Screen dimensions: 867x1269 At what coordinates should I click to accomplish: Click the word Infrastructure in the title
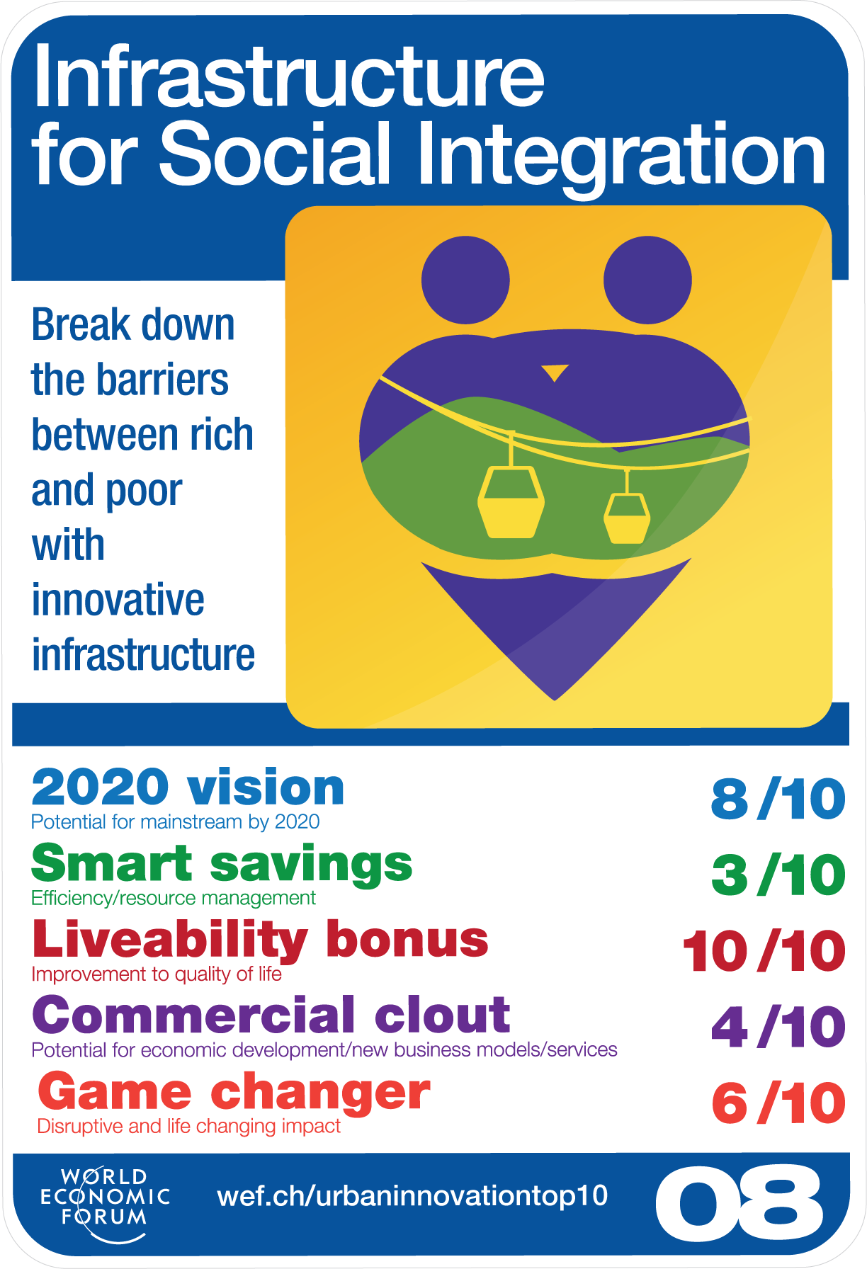289,76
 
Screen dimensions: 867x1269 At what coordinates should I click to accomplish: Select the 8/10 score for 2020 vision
778,799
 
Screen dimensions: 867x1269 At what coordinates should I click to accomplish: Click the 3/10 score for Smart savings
778,875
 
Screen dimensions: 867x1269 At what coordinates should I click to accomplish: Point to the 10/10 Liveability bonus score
764,951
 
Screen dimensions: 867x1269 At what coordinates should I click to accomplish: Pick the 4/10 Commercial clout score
778,1027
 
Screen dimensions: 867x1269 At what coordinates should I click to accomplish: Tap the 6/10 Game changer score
778,1103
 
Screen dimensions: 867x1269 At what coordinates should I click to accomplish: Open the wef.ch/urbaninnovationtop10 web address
412,1196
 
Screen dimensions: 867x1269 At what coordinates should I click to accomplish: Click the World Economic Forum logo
105,1204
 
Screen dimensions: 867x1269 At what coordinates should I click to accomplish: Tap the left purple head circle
465,280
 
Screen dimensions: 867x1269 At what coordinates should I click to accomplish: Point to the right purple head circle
647,280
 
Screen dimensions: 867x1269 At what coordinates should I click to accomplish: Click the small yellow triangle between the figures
555,372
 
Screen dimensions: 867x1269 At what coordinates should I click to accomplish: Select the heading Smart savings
222,864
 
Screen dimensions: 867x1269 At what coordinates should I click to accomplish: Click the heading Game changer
234,1093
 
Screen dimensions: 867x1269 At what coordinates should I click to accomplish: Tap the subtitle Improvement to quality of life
157,974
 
